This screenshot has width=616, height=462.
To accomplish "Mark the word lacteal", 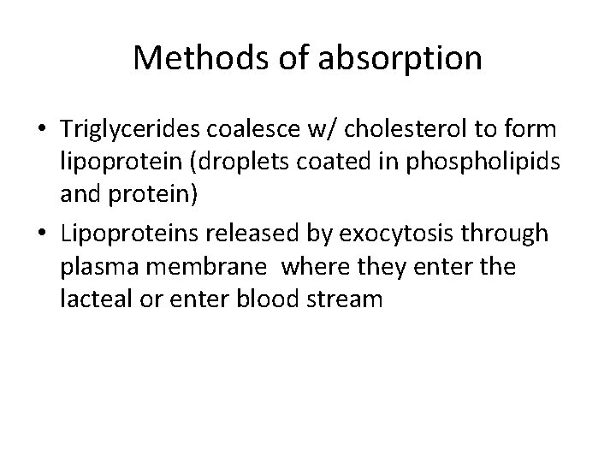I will coord(92,299).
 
